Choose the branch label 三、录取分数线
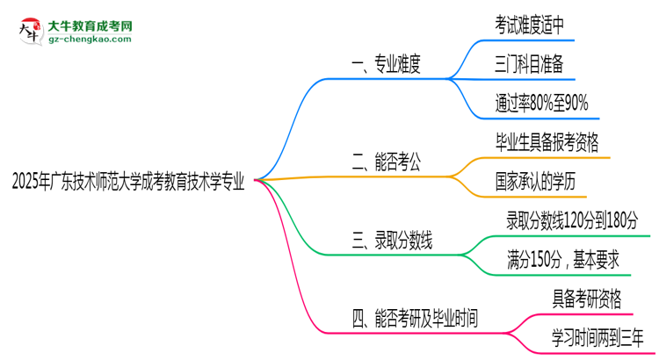[395, 239]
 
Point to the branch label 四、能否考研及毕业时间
[415, 317]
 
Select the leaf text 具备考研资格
[586, 299]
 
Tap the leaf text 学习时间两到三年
[598, 338]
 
